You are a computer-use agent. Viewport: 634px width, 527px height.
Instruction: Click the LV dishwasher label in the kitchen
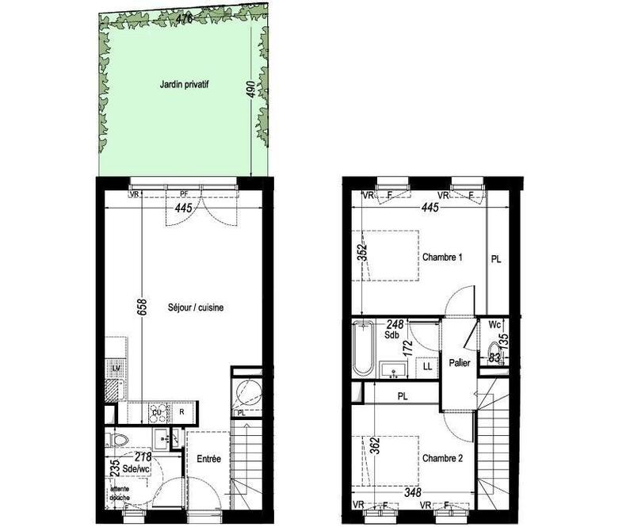point(116,369)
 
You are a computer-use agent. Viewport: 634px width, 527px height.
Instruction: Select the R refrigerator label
point(181,411)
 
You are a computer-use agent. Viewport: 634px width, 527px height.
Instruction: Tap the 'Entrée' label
point(208,459)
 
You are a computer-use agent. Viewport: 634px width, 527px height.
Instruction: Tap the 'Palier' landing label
point(459,363)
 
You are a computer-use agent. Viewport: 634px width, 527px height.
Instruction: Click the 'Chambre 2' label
point(442,457)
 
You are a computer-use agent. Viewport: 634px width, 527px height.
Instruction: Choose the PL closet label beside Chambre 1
point(497,258)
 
